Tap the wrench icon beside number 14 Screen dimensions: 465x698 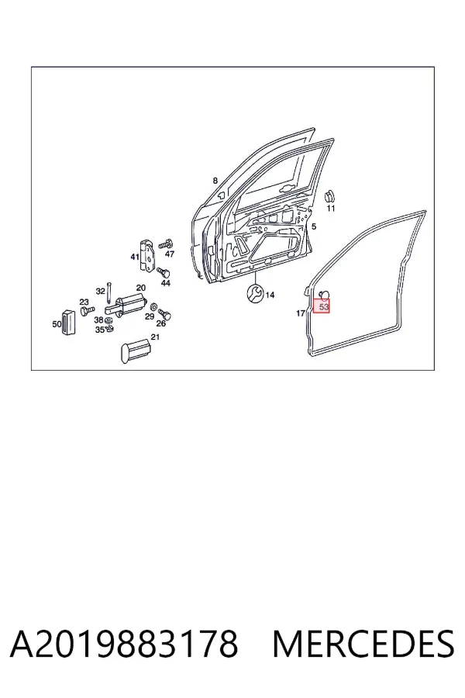click(255, 293)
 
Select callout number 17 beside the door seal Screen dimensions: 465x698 click(301, 313)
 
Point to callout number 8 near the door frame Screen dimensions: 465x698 click(215, 181)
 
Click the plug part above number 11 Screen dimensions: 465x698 click(329, 196)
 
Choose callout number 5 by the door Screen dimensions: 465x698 click(314, 227)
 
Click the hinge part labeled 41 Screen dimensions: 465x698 click(146, 254)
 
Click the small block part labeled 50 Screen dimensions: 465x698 click(68, 321)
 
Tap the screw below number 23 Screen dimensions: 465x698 click(88, 309)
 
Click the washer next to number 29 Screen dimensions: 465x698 click(153, 306)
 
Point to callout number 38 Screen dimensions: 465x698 click(98, 320)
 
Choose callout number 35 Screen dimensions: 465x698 click(99, 330)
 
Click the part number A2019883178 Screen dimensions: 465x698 click(124, 644)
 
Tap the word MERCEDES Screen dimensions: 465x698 click(363, 644)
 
